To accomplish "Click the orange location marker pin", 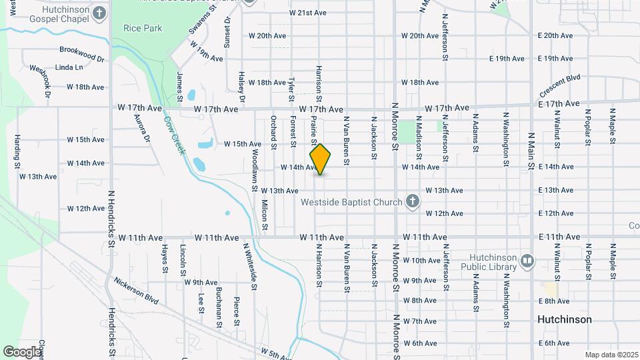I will [x=320, y=159].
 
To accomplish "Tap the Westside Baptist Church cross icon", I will [x=413, y=201].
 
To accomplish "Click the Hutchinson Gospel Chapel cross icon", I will [x=99, y=13].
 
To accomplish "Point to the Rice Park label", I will [x=143, y=28].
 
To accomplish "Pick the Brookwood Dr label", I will [x=82, y=54].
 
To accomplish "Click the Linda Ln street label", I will [x=69, y=67].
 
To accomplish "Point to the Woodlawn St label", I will [x=255, y=171].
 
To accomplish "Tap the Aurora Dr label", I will [x=142, y=129].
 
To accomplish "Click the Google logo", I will [x=21, y=351].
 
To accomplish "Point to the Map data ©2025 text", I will [x=611, y=355].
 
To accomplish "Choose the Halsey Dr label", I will [x=241, y=87].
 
